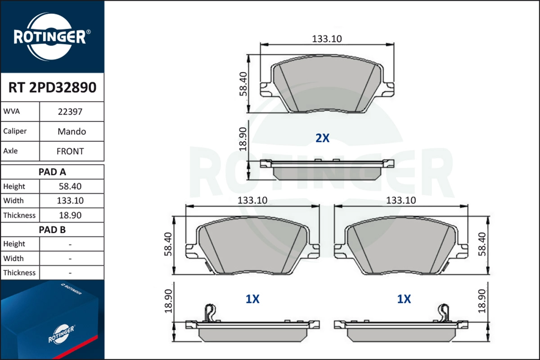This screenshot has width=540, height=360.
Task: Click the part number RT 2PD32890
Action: click(x=52, y=87)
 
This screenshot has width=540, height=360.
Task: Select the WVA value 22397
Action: click(x=71, y=112)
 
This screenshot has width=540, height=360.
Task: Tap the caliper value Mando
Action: click(x=71, y=131)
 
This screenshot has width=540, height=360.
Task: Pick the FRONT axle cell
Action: click(x=71, y=151)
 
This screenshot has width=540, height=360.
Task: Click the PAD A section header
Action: click(x=52, y=171)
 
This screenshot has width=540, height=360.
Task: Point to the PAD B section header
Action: click(x=52, y=229)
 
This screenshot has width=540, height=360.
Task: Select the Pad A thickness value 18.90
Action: click(x=71, y=215)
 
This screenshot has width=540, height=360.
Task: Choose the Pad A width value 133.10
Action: click(x=71, y=201)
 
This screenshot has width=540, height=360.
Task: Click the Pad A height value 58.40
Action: click(x=71, y=186)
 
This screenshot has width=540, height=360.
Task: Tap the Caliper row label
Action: click(x=15, y=131)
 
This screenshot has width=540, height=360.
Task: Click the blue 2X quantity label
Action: click(x=322, y=138)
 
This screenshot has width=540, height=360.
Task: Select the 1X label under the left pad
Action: click(x=252, y=299)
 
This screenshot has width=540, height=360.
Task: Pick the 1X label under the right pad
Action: click(x=404, y=299)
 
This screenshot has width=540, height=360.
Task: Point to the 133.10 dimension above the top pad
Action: click(x=327, y=39)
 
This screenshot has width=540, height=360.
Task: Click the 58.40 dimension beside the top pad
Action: click(x=243, y=84)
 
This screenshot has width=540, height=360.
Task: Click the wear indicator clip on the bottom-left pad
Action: click(x=209, y=312)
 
